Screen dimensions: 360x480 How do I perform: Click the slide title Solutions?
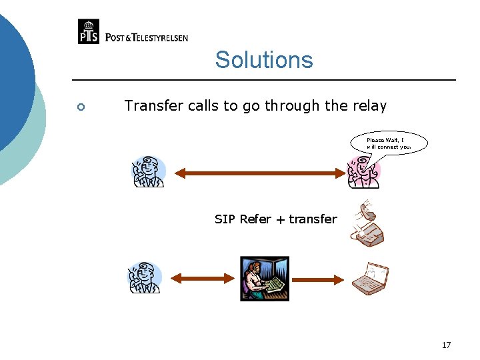click(x=263, y=60)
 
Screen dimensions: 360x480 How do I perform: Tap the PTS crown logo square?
click(x=89, y=31)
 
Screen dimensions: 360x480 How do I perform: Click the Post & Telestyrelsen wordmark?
click(x=147, y=37)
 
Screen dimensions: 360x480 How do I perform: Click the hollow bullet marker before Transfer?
click(x=80, y=107)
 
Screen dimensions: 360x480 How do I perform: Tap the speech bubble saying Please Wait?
click(x=389, y=143)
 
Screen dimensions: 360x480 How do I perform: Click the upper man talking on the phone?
click(x=148, y=171)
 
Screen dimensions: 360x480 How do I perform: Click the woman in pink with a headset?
click(x=363, y=172)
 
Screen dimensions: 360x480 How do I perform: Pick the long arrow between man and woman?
click(x=257, y=173)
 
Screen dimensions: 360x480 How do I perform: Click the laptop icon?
click(x=370, y=279)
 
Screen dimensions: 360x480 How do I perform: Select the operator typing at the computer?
click(x=265, y=279)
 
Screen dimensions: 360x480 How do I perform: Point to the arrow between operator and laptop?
click(x=317, y=277)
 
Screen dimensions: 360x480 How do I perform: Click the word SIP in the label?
click(x=225, y=219)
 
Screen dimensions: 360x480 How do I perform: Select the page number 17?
click(x=446, y=345)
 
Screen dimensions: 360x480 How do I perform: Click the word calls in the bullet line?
click(x=193, y=106)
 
